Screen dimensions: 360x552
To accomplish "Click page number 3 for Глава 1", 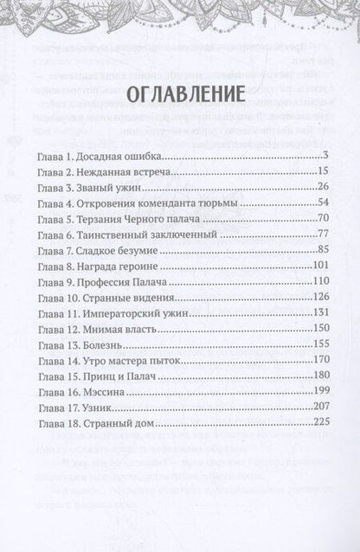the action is pos(319,157).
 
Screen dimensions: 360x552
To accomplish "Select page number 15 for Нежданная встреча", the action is pos(317,173).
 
